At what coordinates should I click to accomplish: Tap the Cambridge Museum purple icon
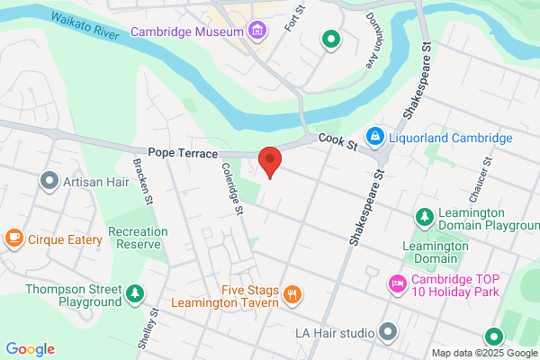pyautogui.click(x=258, y=31)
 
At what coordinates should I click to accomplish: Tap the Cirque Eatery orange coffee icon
pyautogui.click(x=13, y=238)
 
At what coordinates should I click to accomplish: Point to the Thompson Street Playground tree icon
pyautogui.click(x=134, y=293)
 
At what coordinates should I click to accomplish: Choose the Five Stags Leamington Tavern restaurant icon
pyautogui.click(x=292, y=294)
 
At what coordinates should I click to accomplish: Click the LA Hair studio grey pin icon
pyautogui.click(x=388, y=332)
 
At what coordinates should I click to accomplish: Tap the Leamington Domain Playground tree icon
pyautogui.click(x=424, y=218)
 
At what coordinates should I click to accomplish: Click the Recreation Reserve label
pyautogui.click(x=138, y=238)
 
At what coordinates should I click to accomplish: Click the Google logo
pyautogui.click(x=30, y=349)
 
